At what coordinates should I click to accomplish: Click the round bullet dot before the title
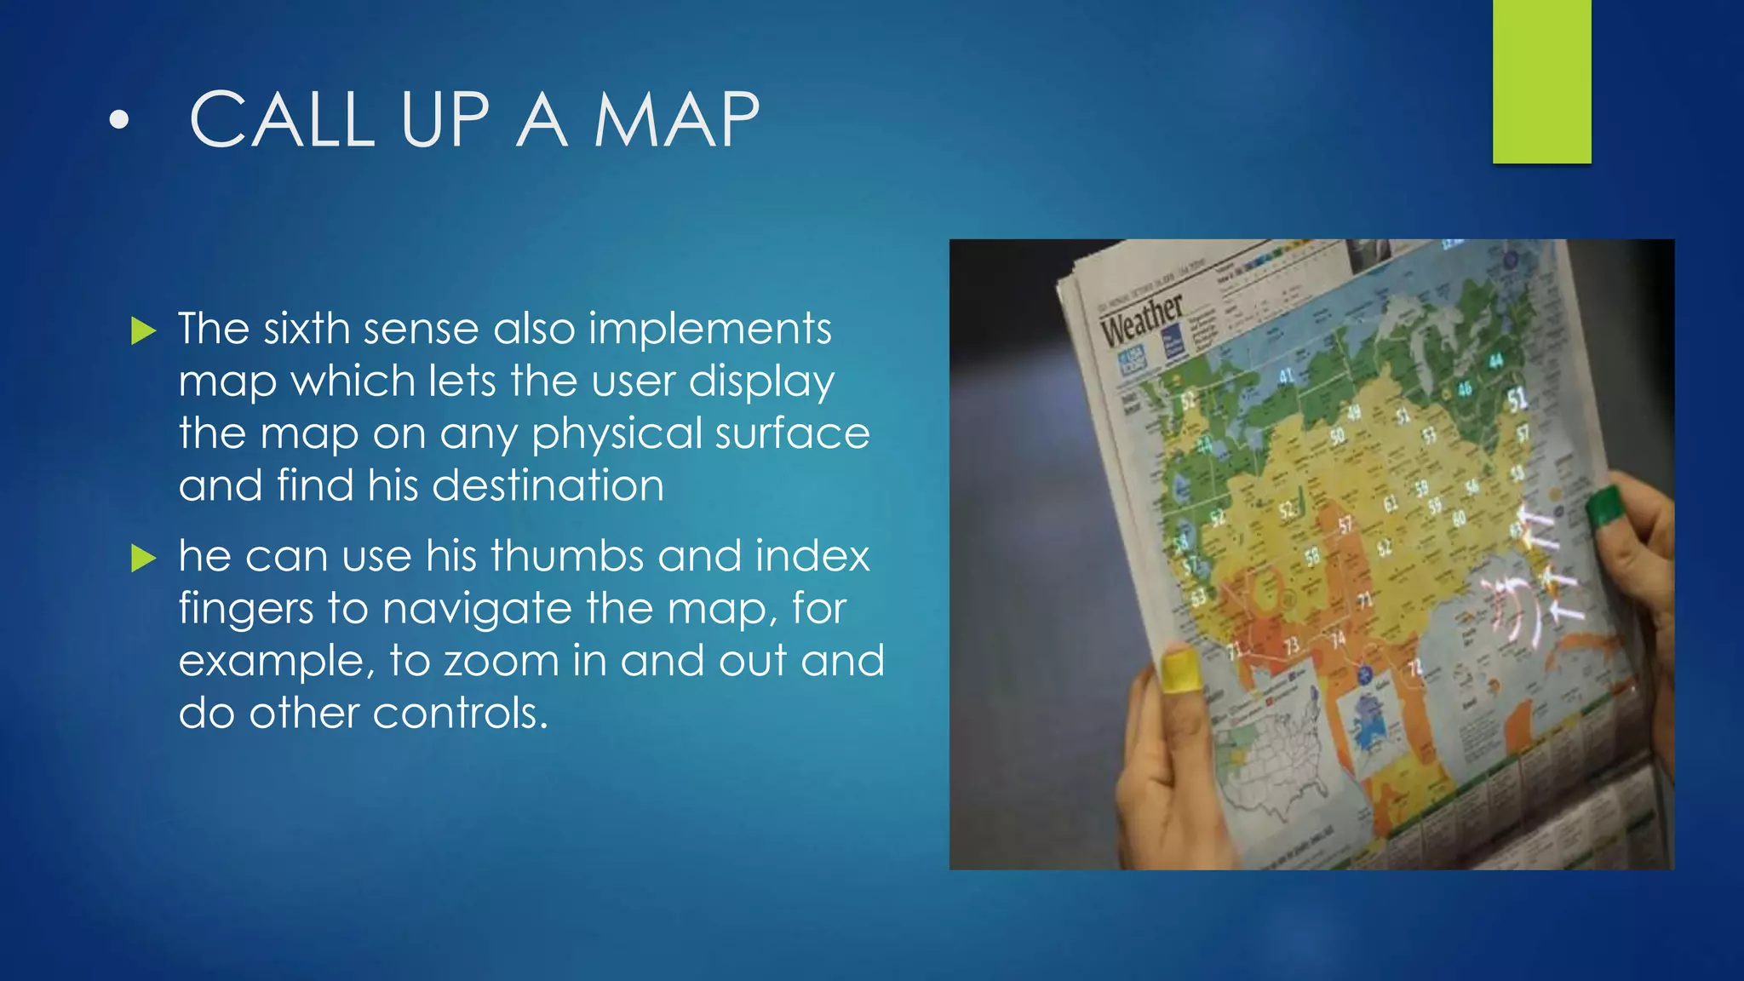120,121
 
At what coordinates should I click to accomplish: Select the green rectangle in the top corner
1541,81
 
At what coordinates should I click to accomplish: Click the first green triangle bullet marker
144,330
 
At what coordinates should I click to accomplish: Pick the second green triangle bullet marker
144,559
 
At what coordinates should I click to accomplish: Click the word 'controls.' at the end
460,714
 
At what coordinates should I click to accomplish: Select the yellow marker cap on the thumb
1179,668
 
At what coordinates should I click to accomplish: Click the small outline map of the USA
1269,758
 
